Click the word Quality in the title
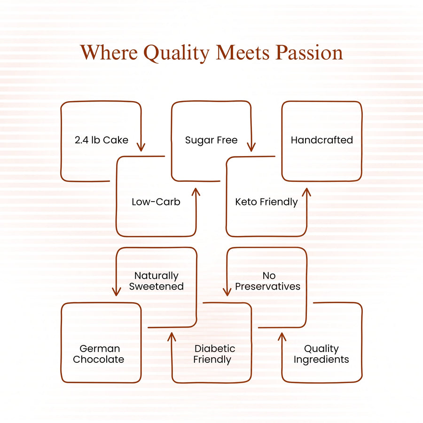[176, 53]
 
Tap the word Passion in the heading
[309, 52]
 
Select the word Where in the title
[109, 52]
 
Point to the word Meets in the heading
[243, 52]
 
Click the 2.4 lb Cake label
[102, 140]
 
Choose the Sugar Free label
[211, 140]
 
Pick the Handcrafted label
[322, 140]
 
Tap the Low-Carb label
[156, 202]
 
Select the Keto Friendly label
[266, 202]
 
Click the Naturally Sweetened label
[157, 281]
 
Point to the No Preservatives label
[267, 281]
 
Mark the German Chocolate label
[99, 354]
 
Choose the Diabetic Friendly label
[214, 354]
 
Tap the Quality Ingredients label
[321, 354]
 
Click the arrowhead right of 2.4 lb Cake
[141, 147]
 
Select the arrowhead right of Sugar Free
[251, 147]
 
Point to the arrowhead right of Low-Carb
[196, 192]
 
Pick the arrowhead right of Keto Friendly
[306, 192]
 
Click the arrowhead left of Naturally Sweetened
[116, 291]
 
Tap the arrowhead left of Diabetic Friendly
[172, 337]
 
